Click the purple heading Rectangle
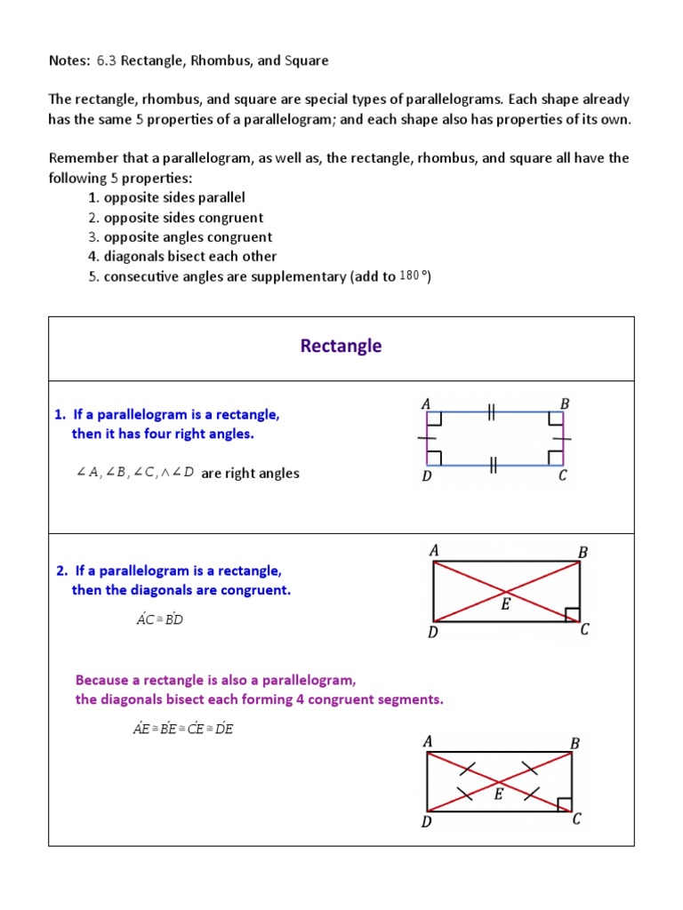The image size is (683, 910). [341, 346]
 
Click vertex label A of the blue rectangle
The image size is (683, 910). [426, 404]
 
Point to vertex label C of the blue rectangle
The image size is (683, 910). [562, 476]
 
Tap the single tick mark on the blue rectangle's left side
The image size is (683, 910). [427, 438]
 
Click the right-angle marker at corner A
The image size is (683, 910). [435, 419]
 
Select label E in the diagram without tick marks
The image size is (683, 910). [505, 604]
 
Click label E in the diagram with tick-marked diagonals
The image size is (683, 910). [498, 794]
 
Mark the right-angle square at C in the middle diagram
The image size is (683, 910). [572, 614]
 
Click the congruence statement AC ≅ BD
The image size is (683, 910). [159, 619]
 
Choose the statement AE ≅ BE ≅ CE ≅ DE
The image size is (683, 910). [182, 729]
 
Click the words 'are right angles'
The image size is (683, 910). [250, 474]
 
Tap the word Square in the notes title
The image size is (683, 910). [307, 60]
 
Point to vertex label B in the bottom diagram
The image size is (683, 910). [575, 743]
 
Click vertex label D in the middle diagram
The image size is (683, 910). [432, 633]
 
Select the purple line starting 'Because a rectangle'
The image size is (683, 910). [215, 680]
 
